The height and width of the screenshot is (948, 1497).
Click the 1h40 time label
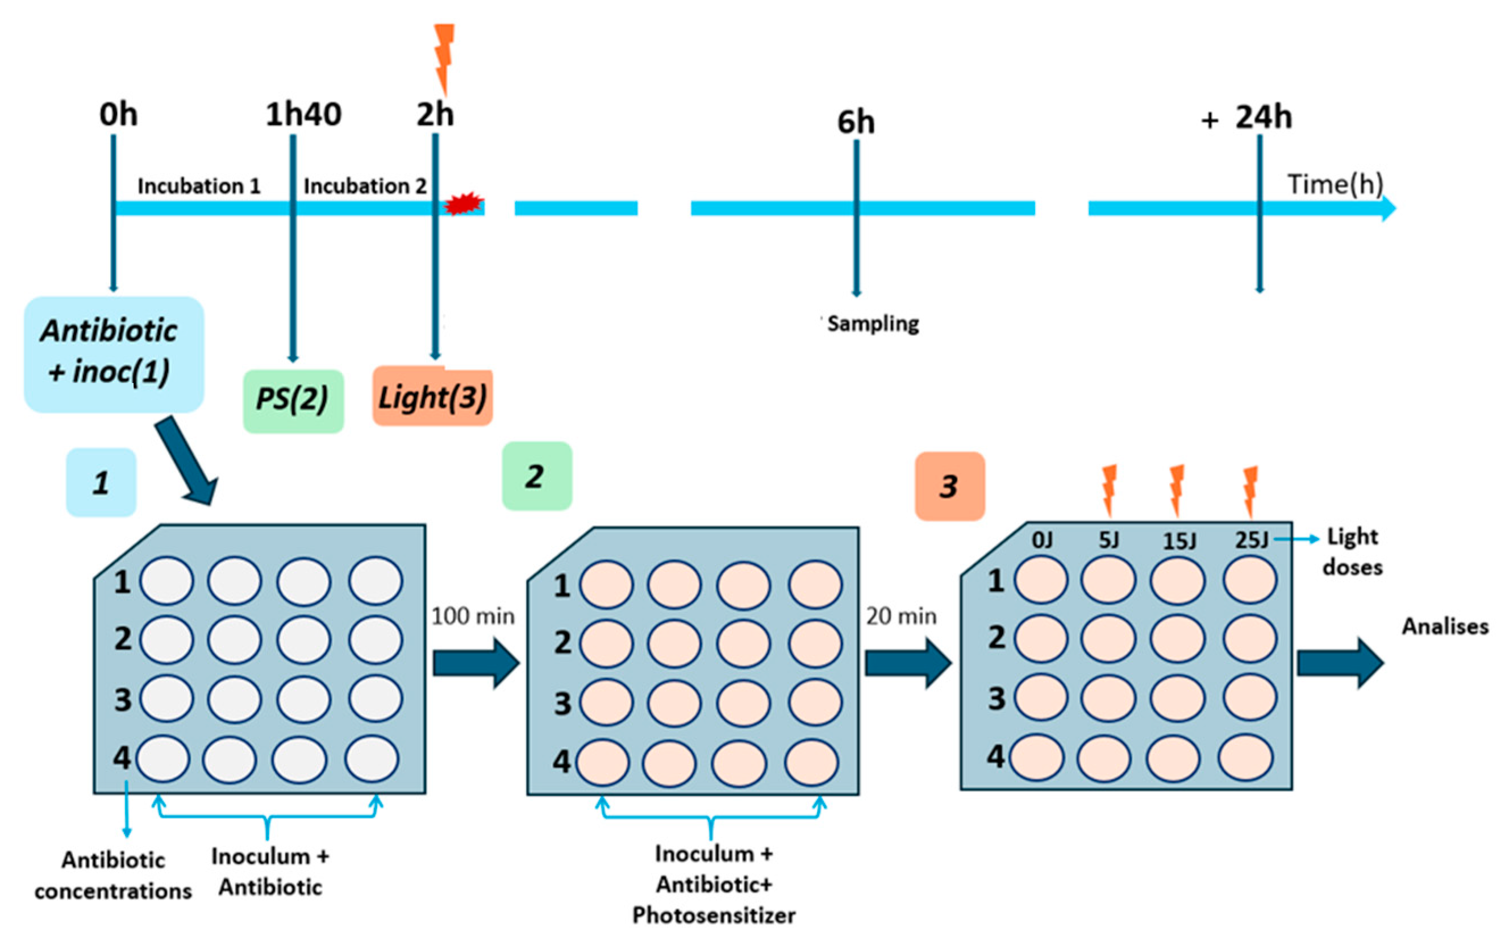(x=303, y=114)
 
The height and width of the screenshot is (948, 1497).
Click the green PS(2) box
(x=293, y=400)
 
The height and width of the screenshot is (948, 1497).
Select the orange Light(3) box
(x=433, y=397)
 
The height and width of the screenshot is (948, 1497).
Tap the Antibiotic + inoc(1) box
(x=114, y=354)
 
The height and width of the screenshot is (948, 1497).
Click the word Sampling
(x=873, y=323)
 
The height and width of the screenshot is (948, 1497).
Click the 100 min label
(x=473, y=616)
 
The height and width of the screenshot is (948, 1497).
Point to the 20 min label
(x=901, y=616)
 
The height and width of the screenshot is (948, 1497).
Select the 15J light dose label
(x=1179, y=540)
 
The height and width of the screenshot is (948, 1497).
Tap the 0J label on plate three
(x=1042, y=540)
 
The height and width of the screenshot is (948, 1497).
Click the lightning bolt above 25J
(x=1249, y=492)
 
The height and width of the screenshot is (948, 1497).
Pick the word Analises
(x=1444, y=626)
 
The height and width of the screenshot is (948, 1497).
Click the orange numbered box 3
(x=949, y=486)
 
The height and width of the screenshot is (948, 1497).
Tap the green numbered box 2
(x=536, y=476)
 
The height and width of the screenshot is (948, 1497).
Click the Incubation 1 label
(x=198, y=185)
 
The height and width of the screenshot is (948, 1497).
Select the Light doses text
(x=1352, y=551)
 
